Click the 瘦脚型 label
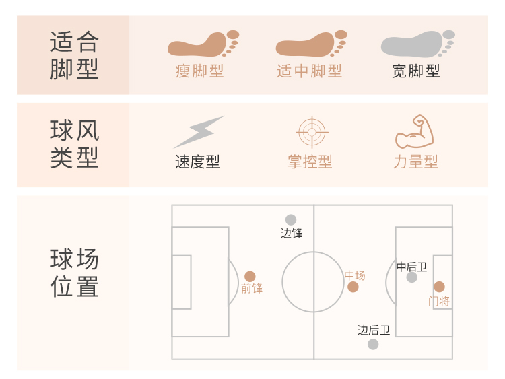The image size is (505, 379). click(x=199, y=71)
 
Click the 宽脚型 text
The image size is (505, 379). click(x=416, y=71)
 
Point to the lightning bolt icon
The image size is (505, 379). click(x=199, y=132)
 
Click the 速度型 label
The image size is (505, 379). click(x=197, y=162)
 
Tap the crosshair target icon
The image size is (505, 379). click(x=310, y=132)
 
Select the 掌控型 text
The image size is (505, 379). click(x=310, y=162)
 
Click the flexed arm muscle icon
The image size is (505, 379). click(x=414, y=132)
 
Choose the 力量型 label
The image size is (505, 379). click(x=415, y=162)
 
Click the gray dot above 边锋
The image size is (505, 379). click(x=291, y=219)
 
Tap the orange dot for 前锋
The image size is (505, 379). click(x=250, y=276)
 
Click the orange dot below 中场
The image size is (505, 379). click(x=353, y=287)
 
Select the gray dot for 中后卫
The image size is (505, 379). click(x=412, y=277)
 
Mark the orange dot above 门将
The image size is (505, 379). click(x=439, y=287)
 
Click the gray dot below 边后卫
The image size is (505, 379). click(x=373, y=344)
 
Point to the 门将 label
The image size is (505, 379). click(x=439, y=301)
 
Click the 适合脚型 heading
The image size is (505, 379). click(x=74, y=55)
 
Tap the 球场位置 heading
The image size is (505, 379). click(x=74, y=273)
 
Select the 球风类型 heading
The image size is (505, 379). click(x=74, y=144)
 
